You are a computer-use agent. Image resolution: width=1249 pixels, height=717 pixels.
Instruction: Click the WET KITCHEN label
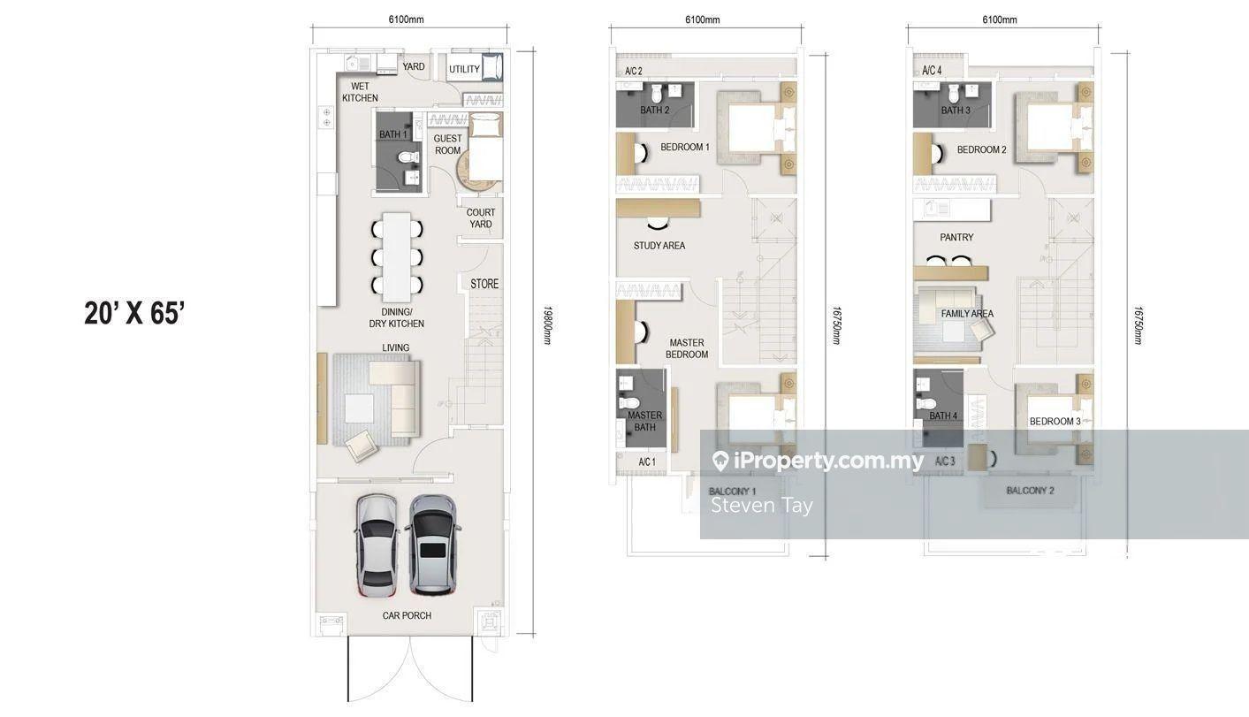pos(360,92)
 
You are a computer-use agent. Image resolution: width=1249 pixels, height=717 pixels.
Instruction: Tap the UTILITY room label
pos(464,69)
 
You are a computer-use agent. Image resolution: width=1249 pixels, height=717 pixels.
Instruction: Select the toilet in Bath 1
pos(409,157)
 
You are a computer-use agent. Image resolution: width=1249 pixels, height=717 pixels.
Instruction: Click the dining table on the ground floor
pos(397,257)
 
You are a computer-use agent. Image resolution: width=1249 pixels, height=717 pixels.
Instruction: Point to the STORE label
pos(484,284)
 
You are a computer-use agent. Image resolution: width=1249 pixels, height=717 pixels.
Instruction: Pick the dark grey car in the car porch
pos(433,545)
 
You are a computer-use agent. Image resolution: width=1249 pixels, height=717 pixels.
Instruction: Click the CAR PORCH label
pos(407,615)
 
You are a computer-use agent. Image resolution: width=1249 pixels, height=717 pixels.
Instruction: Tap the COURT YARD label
pos(480,218)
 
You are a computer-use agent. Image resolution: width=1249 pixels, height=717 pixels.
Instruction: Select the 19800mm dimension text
pos(547,325)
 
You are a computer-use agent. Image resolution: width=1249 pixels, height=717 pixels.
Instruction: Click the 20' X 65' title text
pos(133,313)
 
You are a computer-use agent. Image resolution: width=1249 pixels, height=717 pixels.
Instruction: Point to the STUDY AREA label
pos(659,245)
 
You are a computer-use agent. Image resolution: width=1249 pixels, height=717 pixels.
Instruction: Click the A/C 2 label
pos(634,72)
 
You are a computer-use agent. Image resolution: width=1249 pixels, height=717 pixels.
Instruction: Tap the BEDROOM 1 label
pos(685,147)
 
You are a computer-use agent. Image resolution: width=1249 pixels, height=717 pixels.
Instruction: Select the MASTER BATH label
pos(644,421)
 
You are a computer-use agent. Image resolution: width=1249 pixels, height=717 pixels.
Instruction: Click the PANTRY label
pos(956,237)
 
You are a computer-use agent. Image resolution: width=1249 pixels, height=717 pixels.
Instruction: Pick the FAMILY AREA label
pos(967,314)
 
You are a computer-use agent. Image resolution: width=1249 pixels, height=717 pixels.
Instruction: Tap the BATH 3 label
pos(956,111)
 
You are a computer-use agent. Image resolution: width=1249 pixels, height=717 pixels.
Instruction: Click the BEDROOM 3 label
pos(1055,422)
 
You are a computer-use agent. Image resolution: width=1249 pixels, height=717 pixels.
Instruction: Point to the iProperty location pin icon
pos(720,461)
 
